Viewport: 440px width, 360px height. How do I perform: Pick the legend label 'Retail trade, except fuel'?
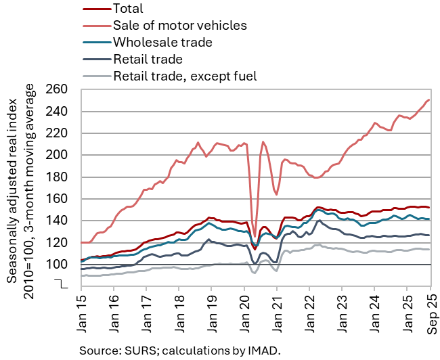click(185, 75)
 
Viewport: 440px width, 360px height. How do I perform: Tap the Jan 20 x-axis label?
click(244, 313)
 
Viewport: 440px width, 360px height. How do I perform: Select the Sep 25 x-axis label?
click(431, 313)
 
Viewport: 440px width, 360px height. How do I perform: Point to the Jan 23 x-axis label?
click(341, 313)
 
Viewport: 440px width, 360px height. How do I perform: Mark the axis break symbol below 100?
click(62, 284)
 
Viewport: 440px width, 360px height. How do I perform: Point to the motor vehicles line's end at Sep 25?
click(430, 100)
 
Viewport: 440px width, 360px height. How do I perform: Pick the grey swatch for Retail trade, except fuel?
click(95, 75)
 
